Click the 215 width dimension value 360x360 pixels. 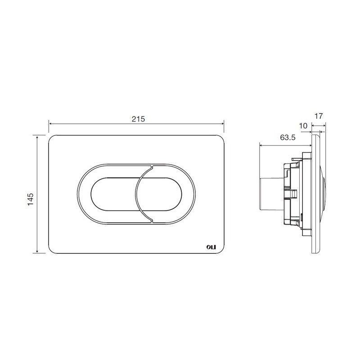138,119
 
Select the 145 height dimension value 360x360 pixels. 30,199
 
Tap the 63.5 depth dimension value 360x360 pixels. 288,138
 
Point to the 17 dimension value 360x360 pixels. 319,116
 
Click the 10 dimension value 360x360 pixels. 303,126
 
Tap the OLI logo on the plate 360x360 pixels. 211,247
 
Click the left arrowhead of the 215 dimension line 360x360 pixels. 50,124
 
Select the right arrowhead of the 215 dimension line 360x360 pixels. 222,124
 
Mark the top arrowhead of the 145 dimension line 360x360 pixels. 37,137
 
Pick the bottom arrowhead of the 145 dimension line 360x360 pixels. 37,252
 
